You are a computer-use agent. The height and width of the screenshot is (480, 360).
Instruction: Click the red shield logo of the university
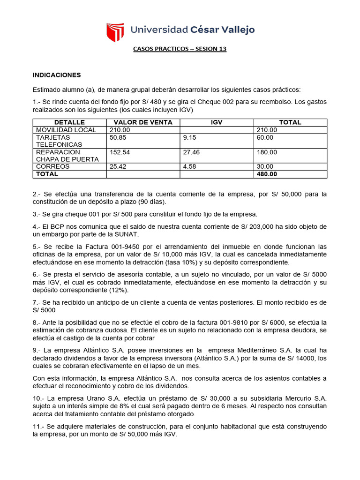pos(115,32)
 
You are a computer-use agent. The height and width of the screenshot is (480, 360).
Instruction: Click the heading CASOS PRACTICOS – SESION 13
pos(180,49)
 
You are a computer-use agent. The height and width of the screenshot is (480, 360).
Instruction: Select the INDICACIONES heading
pos(57,75)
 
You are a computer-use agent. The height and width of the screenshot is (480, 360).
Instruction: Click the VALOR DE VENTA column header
pos(143,122)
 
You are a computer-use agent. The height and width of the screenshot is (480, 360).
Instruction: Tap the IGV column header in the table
pos(217,122)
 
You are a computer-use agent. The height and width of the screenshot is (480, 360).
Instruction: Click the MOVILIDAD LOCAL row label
pos(66,130)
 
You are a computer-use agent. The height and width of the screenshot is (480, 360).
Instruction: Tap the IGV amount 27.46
pos(192,152)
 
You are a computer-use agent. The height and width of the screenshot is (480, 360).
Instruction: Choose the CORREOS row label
pos(52,166)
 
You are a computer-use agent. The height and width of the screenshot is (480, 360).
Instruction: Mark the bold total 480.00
pos(267,174)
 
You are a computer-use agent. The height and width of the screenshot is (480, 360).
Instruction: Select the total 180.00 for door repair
pos(267,152)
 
